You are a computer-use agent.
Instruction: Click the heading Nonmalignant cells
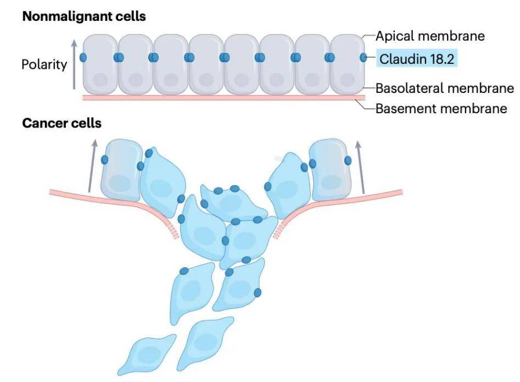point(83,16)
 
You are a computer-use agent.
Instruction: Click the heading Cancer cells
point(61,123)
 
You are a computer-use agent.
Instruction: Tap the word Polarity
point(44,64)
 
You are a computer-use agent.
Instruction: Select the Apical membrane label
point(430,36)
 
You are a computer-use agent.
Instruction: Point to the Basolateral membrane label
point(444,88)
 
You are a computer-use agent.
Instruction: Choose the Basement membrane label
point(441,108)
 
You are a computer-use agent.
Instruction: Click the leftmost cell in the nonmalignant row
point(99,64)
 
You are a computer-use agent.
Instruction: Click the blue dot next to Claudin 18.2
point(363,57)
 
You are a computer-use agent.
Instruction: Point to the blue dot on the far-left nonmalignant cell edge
point(83,57)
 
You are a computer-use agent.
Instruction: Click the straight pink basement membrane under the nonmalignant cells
point(220,98)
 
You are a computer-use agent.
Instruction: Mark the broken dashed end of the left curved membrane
point(175,234)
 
